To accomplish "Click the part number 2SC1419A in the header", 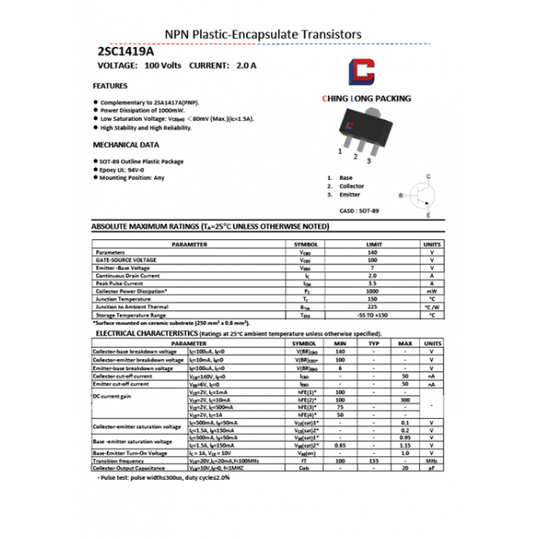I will [124, 51].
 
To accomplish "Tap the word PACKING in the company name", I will [392, 99].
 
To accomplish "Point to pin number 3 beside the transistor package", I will [369, 161].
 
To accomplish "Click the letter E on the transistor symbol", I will [428, 214].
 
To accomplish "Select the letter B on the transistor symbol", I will [401, 196].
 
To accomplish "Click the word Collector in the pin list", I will [351, 186].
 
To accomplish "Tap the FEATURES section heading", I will [110, 86].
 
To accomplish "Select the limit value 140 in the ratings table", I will [372, 252].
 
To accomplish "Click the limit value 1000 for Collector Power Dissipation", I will [372, 291].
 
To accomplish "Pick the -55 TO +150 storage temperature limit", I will [372, 315].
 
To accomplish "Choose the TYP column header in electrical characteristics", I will [374, 343].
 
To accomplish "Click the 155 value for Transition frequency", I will [374, 461].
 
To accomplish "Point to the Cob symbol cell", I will [303, 469].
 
